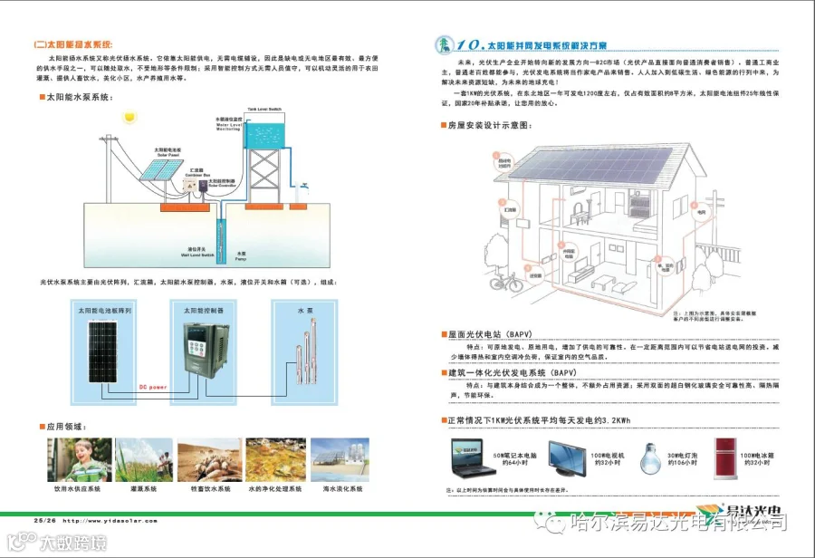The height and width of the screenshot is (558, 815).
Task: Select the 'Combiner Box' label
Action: point(195,173)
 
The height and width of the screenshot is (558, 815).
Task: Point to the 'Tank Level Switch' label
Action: point(264,107)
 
